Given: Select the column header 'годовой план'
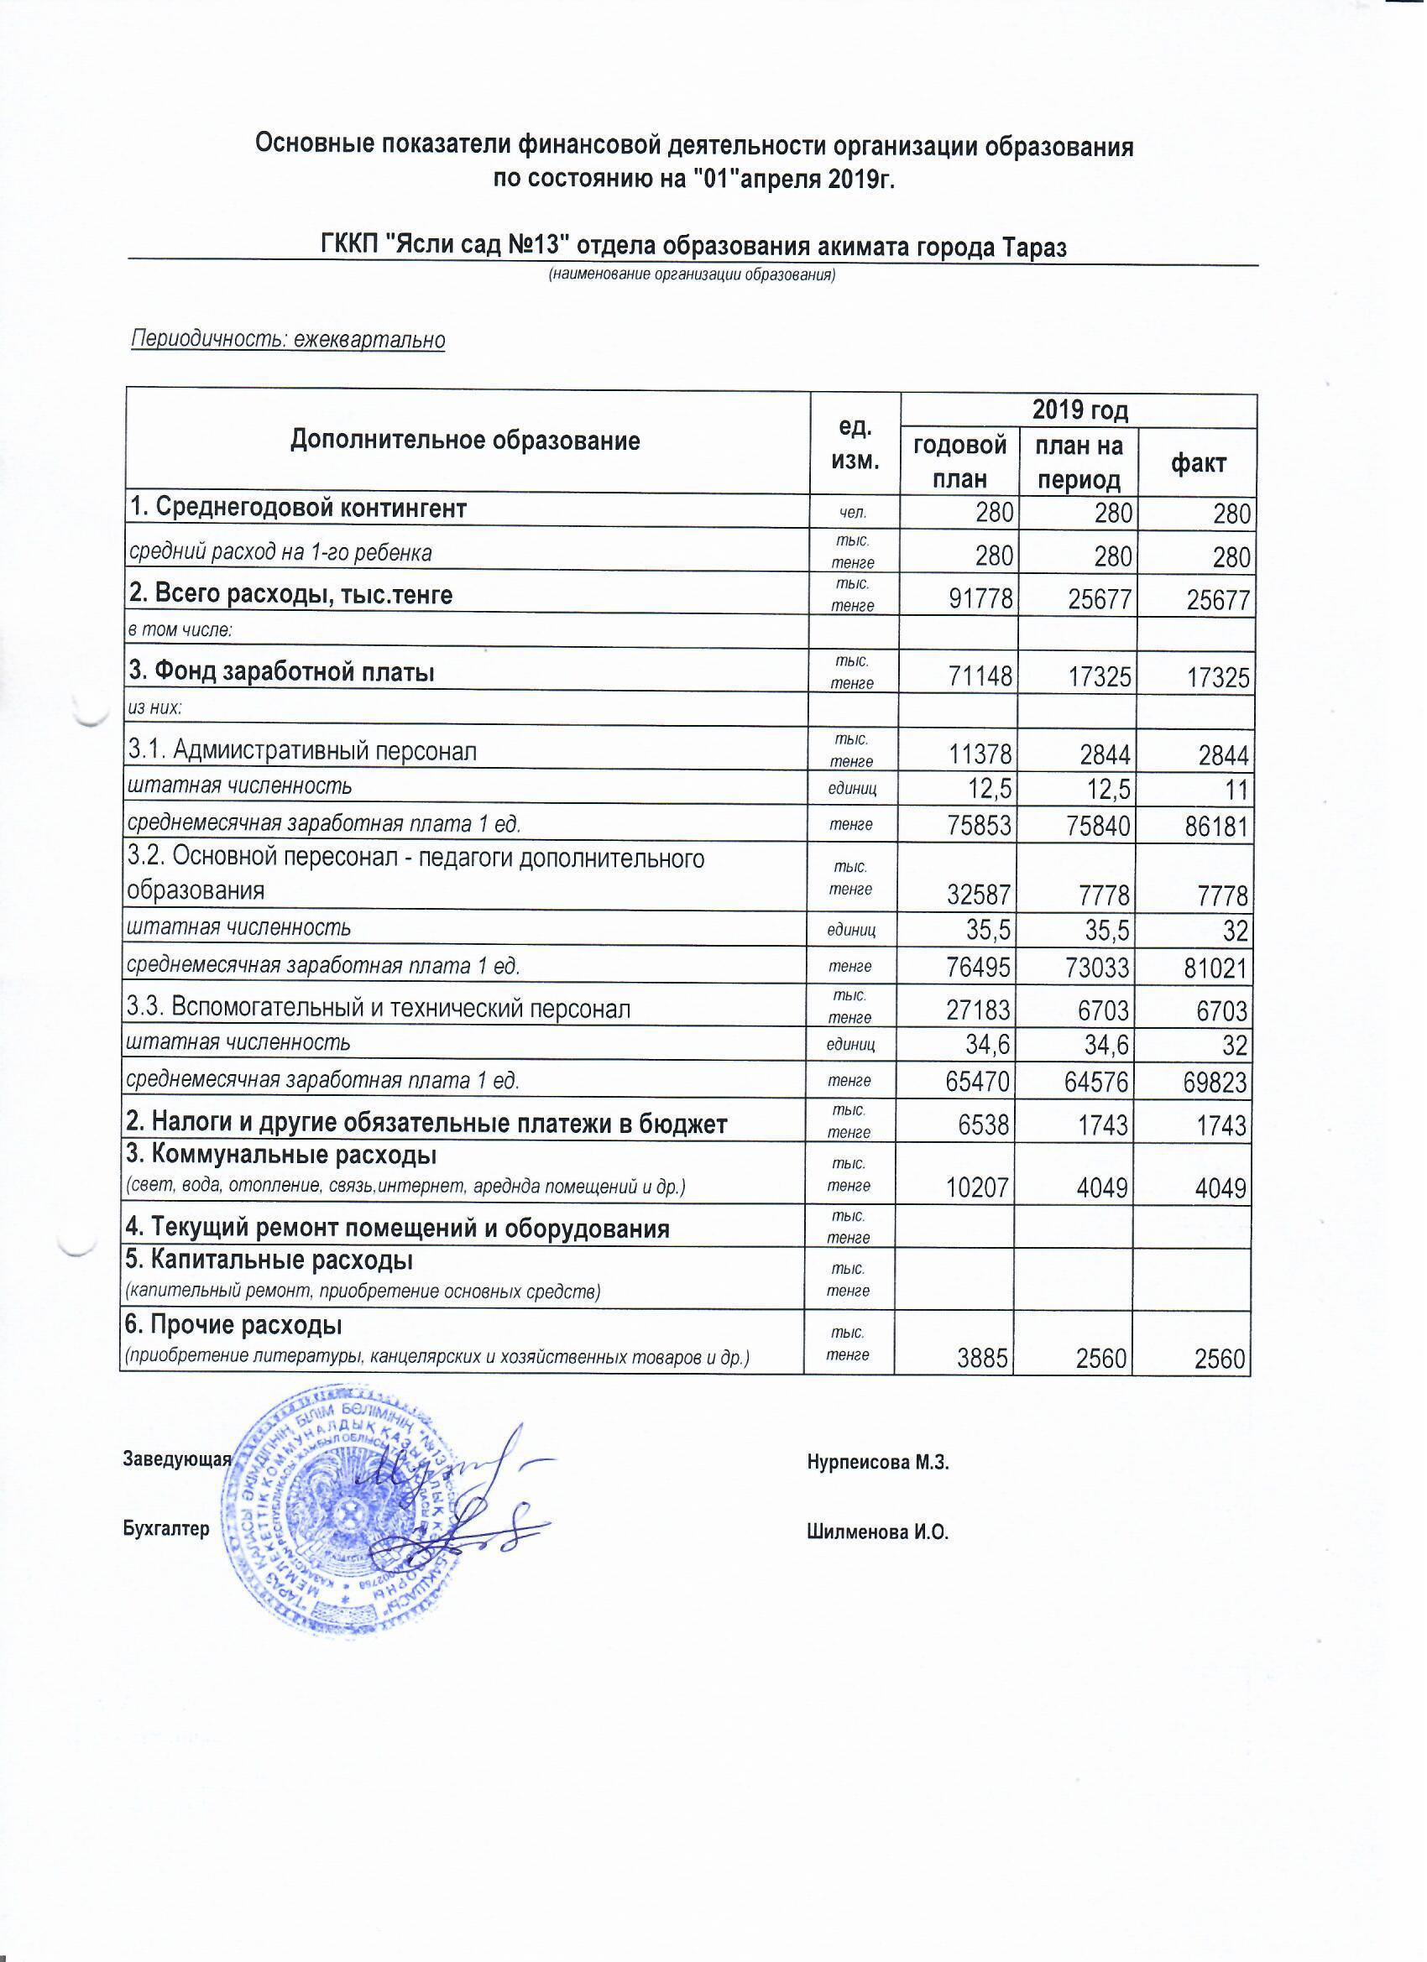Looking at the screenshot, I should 959,462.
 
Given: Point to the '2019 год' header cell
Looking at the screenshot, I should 1079,410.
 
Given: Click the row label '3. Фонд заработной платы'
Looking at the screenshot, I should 281,672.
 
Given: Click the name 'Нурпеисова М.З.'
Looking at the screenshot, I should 877,1463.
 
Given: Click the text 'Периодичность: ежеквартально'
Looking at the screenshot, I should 287,340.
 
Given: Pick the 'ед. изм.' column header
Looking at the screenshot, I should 855,443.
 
